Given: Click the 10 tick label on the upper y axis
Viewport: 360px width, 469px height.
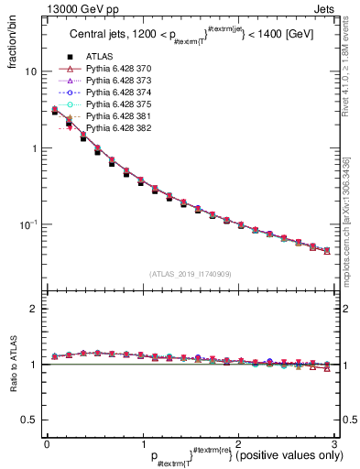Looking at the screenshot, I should [x=30, y=71].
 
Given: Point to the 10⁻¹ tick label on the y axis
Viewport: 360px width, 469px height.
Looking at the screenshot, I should [x=27, y=224].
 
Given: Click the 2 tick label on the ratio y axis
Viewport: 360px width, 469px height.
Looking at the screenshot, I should [x=34, y=310].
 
